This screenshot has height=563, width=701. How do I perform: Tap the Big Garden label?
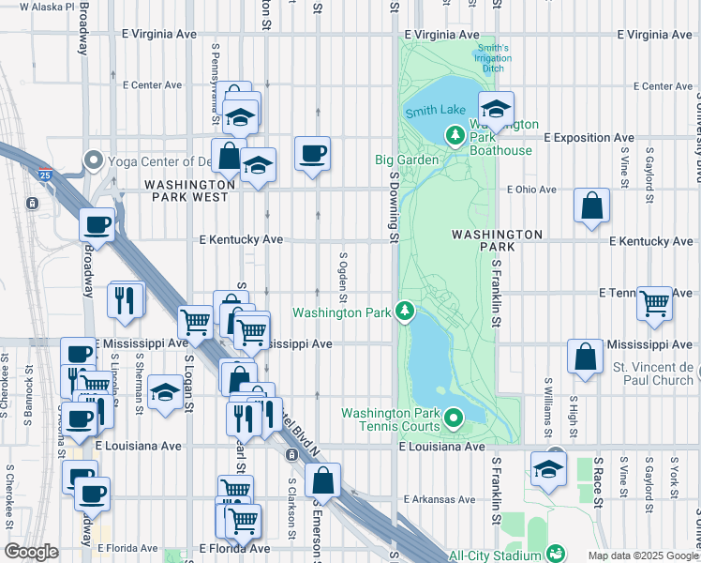pyautogui.click(x=407, y=160)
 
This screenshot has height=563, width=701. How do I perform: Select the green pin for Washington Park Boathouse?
pyautogui.click(x=455, y=136)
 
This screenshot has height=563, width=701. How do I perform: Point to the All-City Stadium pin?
pyautogui.click(x=556, y=554)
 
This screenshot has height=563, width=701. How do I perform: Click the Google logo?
pyautogui.click(x=32, y=552)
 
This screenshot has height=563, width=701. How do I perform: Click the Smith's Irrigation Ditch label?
pyautogui.click(x=493, y=58)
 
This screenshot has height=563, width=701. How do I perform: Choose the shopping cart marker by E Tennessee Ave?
pyautogui.click(x=654, y=303)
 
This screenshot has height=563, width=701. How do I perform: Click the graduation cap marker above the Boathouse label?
pyautogui.click(x=497, y=108)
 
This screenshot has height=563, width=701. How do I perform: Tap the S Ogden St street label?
pyautogui.click(x=344, y=277)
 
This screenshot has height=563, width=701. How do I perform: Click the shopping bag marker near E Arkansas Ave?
pyautogui.click(x=322, y=480)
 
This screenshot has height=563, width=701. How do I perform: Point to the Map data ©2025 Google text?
pyautogui.click(x=643, y=555)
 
